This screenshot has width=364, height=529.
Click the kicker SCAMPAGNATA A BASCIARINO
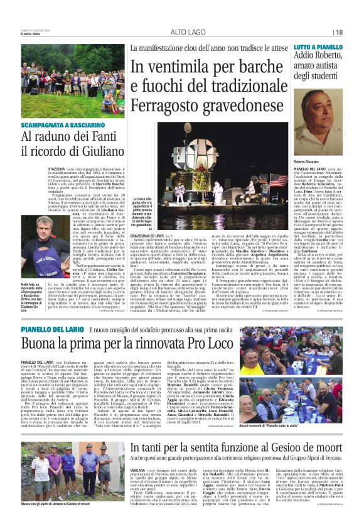[x=57, y=125]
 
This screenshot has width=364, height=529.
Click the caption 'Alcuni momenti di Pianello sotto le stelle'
[x=313, y=425]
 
